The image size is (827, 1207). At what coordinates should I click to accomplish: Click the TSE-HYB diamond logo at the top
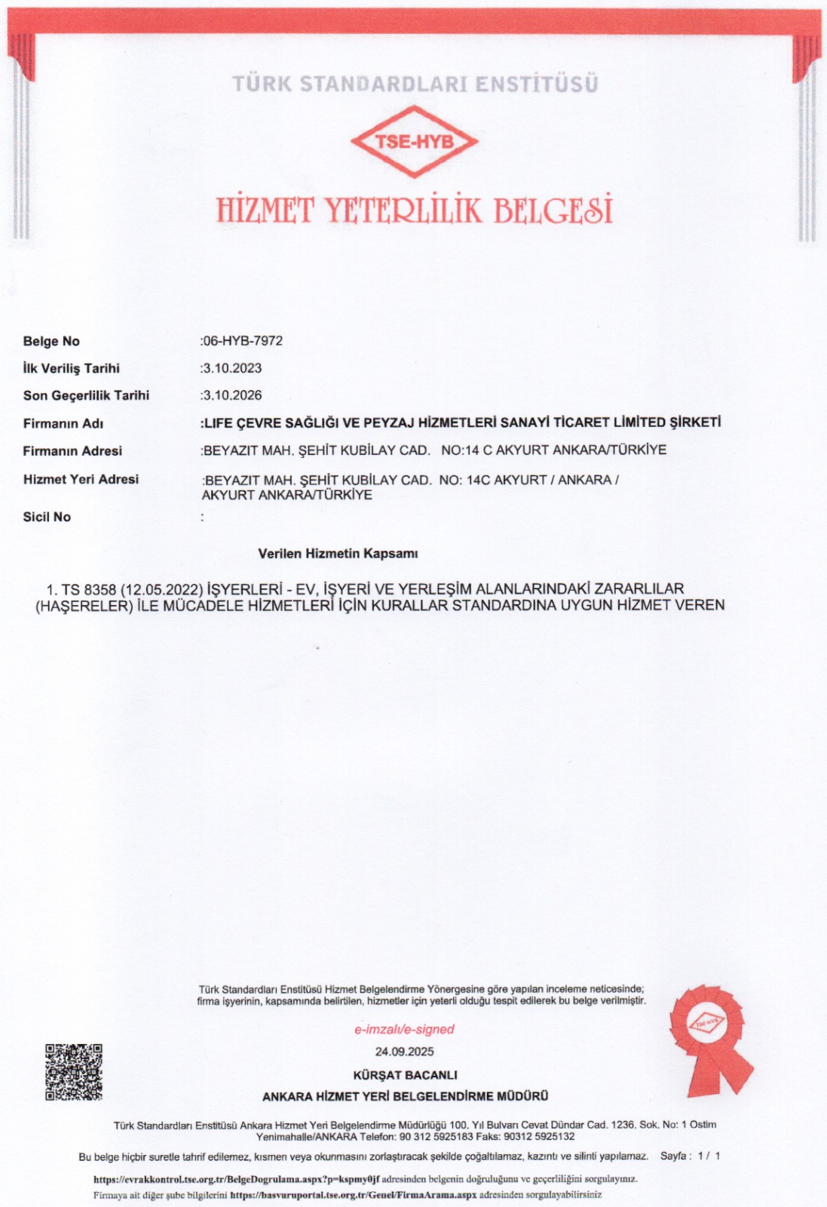click(415, 141)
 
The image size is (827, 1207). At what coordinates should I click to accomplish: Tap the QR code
click(74, 1072)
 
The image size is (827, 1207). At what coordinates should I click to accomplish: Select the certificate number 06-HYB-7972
click(243, 341)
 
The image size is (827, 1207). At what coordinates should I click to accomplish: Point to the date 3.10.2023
click(232, 368)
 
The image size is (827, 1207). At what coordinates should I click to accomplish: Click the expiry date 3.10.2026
click(232, 395)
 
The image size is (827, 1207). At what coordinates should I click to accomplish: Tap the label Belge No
click(51, 342)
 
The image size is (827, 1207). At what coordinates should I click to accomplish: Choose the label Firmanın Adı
click(63, 424)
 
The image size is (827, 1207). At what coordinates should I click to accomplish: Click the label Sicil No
click(47, 517)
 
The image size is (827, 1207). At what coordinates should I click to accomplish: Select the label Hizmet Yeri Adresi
click(81, 479)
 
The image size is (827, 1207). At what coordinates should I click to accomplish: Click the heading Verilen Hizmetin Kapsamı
click(338, 554)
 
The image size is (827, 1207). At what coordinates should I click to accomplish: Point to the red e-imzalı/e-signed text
click(405, 1029)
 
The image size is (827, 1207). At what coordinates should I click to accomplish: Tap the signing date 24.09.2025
click(405, 1052)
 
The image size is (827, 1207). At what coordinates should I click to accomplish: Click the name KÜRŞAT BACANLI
click(405, 1075)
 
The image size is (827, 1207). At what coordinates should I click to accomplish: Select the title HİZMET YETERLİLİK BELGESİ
click(414, 210)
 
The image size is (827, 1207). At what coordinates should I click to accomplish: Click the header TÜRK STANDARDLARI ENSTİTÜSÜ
click(415, 84)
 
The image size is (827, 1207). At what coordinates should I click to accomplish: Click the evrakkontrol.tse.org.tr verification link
click(236, 1178)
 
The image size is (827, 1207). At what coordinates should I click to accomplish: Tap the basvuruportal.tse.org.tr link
click(353, 1195)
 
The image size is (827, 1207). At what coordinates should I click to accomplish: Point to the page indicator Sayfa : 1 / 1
click(690, 1156)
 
